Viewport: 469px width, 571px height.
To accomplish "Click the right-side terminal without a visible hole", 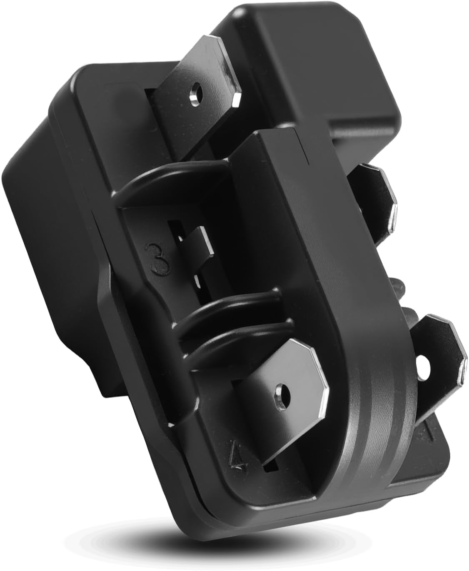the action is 376,202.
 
